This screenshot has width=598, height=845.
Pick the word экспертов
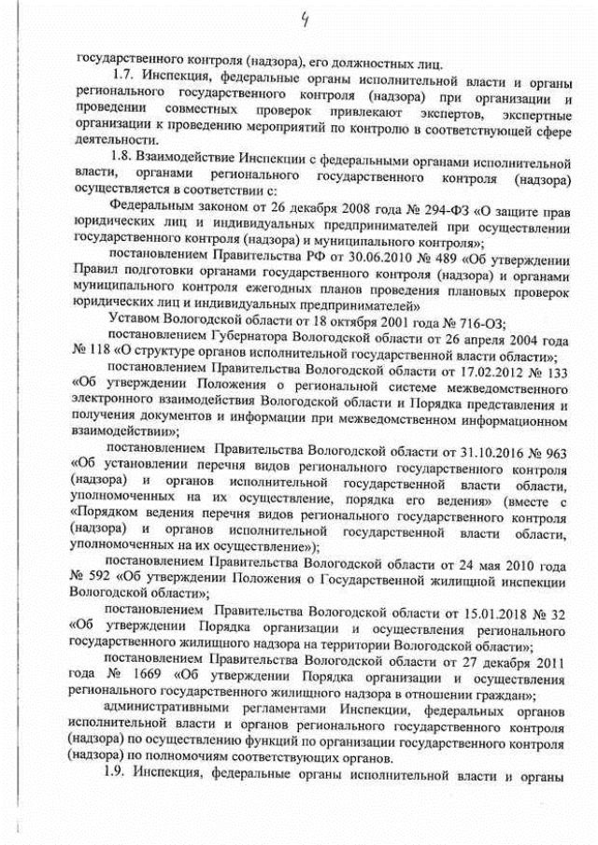449,113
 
